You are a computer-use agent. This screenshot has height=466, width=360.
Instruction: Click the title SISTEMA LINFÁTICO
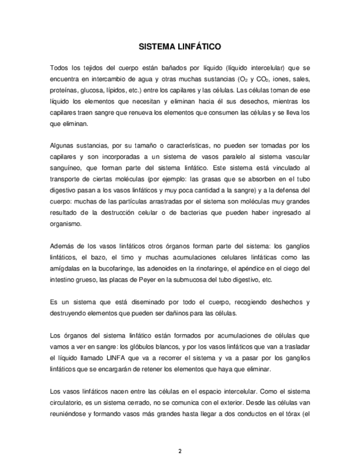pyautogui.click(x=179, y=47)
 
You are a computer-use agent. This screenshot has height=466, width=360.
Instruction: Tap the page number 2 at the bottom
pyautogui.click(x=179, y=451)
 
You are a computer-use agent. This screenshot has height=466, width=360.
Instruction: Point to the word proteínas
pyautogui.click(x=64, y=89)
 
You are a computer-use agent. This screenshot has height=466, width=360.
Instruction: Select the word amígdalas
pyautogui.click(x=65, y=269)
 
